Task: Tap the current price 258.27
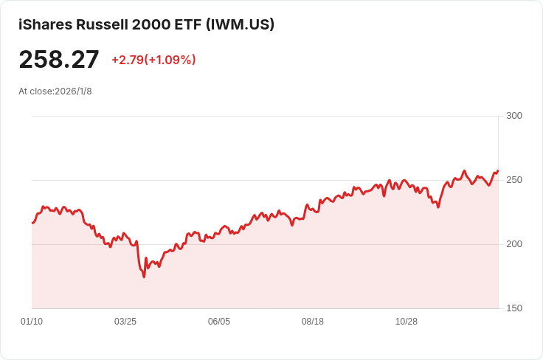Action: click(x=59, y=60)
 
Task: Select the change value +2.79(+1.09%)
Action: click(x=153, y=60)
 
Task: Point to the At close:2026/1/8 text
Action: click(x=55, y=91)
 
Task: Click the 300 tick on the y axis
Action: click(x=514, y=116)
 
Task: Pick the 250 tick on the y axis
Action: click(x=514, y=180)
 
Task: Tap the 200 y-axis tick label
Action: click(x=514, y=244)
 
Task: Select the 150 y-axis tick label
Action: click(x=514, y=308)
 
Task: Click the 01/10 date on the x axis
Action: click(x=32, y=322)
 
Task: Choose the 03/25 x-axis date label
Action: click(x=125, y=322)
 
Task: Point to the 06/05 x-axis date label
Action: click(x=219, y=322)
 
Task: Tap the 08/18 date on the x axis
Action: click(x=313, y=322)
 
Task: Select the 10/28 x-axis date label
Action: click(x=407, y=322)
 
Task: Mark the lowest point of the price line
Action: click(x=144, y=277)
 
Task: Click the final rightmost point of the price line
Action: click(x=498, y=170)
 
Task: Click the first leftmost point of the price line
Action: click(x=32, y=223)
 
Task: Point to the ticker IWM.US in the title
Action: click(x=240, y=24)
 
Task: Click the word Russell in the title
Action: click(x=102, y=24)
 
